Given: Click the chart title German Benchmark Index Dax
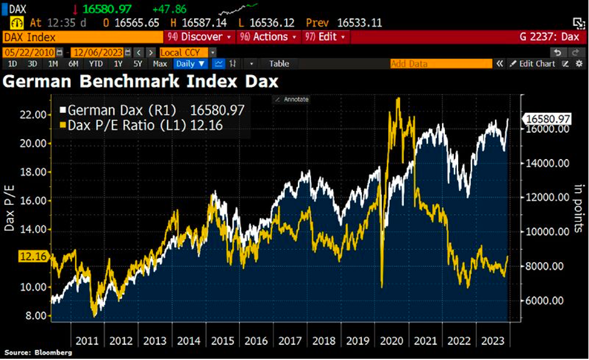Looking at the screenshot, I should (x=141, y=81).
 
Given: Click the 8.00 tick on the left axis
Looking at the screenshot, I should (x=34, y=316).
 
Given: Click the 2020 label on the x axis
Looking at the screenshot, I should (x=391, y=341).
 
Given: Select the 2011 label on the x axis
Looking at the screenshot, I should (x=87, y=341).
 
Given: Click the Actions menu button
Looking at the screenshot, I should (x=267, y=37).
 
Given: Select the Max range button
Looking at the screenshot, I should (x=160, y=63).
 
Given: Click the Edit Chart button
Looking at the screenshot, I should (x=532, y=63).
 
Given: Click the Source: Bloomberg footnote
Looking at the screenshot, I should (x=38, y=353).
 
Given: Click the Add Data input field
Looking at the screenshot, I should (x=438, y=63).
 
